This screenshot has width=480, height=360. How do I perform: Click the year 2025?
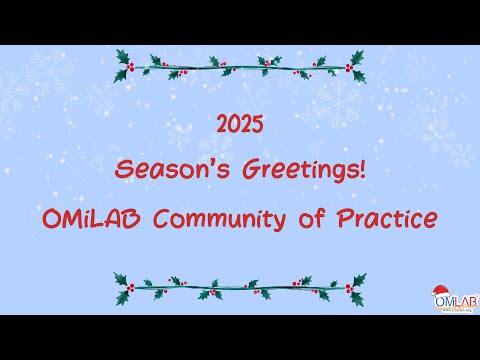240,125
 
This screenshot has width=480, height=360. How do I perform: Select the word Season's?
165,169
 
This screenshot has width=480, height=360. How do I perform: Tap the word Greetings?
294,170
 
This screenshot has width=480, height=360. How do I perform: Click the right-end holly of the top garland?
355,66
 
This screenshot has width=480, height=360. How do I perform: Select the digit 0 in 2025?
234,125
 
